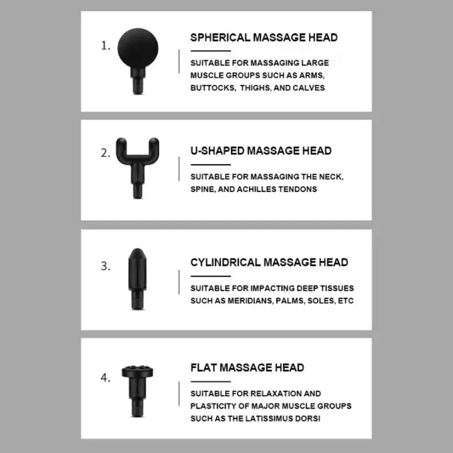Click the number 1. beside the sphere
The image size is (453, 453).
pyautogui.click(x=106, y=46)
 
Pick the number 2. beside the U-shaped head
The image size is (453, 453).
pyautogui.click(x=106, y=154)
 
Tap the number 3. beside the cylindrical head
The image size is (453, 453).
pyautogui.click(x=106, y=266)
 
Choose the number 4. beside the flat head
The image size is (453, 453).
pyautogui.click(x=106, y=378)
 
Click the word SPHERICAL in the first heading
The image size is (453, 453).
pyautogui.click(x=220, y=38)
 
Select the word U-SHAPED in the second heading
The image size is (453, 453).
pyautogui.click(x=217, y=151)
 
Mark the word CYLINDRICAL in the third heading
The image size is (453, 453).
pyautogui.click(x=226, y=263)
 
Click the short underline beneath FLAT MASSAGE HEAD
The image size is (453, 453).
pyautogui.click(x=210, y=381)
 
